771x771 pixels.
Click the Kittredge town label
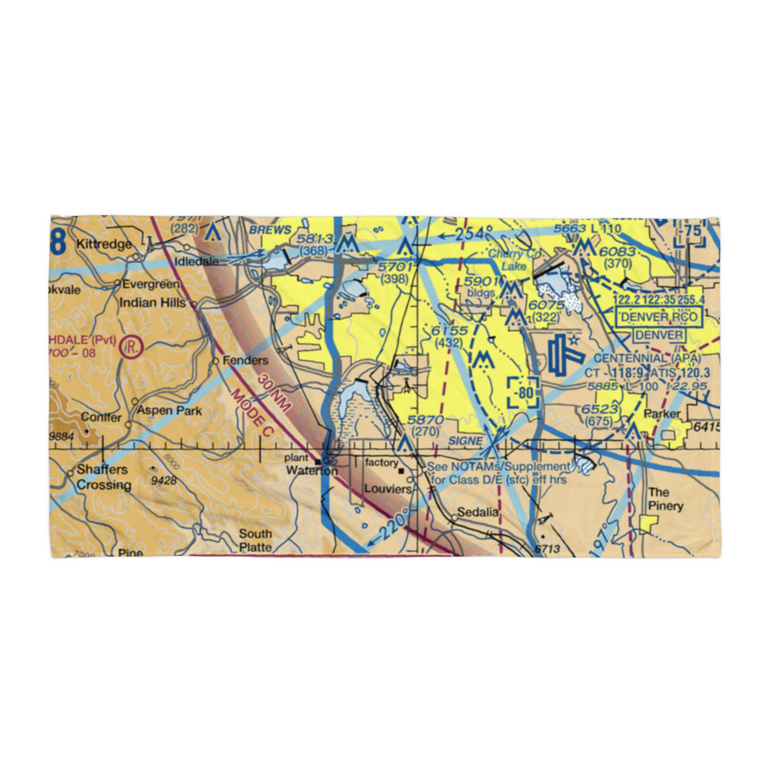coord(105,244)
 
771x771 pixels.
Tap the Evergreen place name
coord(151,284)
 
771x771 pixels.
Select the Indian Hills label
coord(152,303)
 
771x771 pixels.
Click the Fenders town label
coord(245,360)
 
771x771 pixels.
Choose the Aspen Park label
coord(170,411)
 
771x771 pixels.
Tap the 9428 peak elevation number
coord(163,480)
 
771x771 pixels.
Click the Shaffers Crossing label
coord(103,478)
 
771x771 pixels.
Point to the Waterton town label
coord(312,471)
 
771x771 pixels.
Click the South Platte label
coord(254,540)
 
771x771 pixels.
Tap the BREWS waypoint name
coord(270,231)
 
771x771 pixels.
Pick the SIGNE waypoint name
coord(466,440)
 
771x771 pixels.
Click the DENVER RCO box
coord(658,317)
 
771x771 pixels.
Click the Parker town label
coord(663,414)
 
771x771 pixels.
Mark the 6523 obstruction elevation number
coord(598,409)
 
